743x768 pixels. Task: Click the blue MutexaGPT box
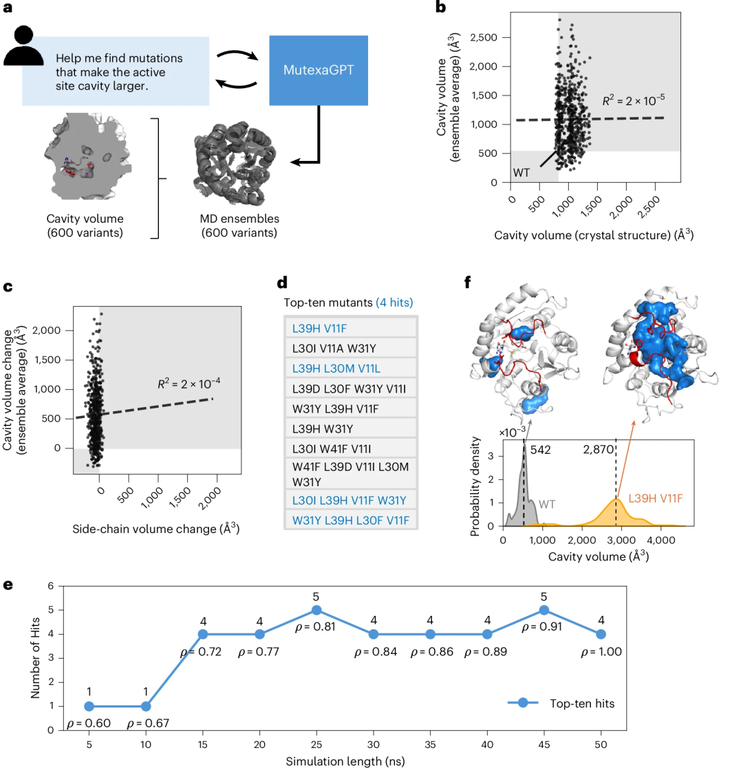coord(319,70)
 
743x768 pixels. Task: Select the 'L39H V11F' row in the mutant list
coord(350,328)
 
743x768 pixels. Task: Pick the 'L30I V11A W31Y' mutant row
coord(350,348)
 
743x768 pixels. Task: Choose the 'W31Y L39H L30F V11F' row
coord(350,520)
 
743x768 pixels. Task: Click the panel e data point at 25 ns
coord(316,610)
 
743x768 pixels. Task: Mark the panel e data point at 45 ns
coord(544,610)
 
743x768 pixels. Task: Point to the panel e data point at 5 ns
coord(89,706)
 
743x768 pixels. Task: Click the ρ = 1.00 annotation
coord(601,652)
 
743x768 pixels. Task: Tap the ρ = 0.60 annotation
coord(89,723)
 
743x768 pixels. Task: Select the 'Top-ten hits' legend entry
coord(561,703)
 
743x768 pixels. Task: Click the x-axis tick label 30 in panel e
coord(374,745)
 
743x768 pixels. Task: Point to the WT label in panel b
coord(521,173)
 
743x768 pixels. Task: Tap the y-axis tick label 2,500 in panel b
coord(483,37)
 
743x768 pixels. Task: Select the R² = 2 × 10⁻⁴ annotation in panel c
coord(189,383)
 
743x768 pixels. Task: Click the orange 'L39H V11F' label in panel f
coord(655,498)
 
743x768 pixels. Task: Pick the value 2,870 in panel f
coord(598,450)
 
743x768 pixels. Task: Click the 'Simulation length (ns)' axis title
coord(345,761)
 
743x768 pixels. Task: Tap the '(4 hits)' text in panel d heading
coord(394,303)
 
